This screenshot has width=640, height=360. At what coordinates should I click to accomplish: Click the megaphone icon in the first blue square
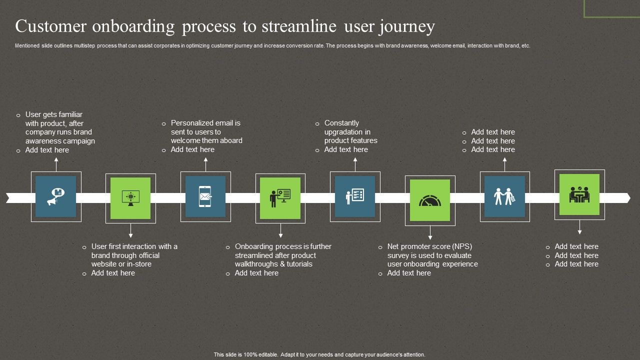point(55,197)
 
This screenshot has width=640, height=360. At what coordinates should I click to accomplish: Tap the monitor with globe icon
point(130,197)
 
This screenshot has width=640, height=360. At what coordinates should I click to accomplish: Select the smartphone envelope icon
point(205,196)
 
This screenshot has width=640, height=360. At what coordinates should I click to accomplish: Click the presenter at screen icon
point(280,198)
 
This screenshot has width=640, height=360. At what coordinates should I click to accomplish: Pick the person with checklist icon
point(355,196)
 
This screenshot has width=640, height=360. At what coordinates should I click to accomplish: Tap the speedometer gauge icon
point(430,200)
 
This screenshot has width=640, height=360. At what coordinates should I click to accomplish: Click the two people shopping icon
point(504,196)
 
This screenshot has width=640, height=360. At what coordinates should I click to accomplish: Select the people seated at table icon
point(579,194)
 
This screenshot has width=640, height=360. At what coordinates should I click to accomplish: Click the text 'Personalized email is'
point(205,123)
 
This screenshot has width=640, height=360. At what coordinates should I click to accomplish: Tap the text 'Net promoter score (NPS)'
point(429,246)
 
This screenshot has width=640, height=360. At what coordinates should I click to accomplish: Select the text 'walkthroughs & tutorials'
point(273,264)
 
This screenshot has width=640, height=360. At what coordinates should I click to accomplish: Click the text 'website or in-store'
point(121,264)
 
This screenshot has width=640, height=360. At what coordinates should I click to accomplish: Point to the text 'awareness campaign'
point(60,141)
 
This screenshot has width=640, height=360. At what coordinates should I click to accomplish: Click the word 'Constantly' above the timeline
point(341,123)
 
